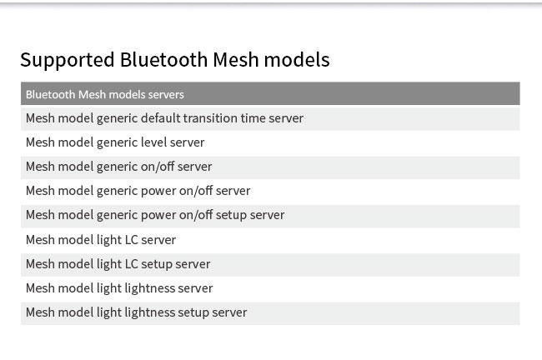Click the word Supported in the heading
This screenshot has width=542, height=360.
[68, 60]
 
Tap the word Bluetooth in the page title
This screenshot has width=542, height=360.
[163, 59]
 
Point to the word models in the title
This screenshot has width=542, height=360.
[297, 59]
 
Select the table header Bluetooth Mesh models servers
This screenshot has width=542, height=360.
[105, 94]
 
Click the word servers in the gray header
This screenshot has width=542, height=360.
[166, 95]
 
